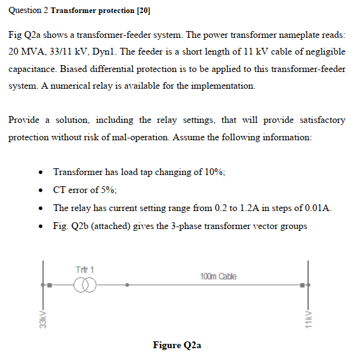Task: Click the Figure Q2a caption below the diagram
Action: coord(177,345)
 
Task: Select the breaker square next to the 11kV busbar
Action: coord(302,286)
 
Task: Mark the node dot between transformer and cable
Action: coord(128,286)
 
